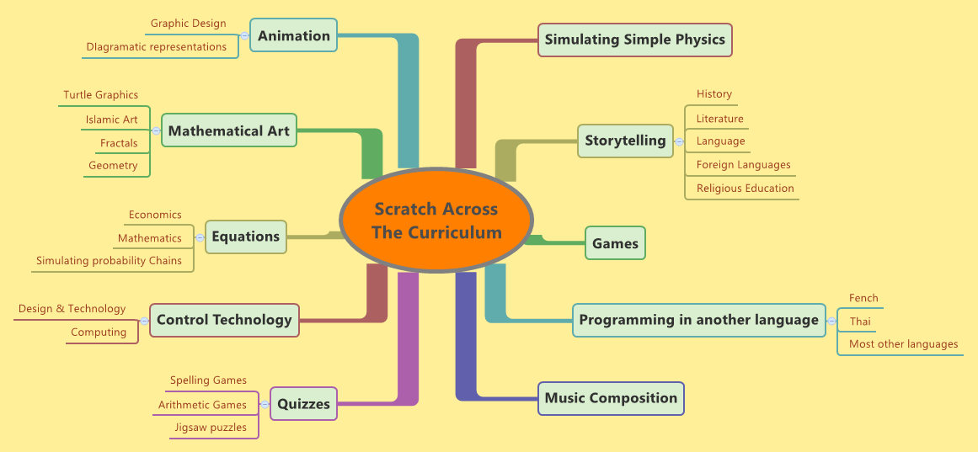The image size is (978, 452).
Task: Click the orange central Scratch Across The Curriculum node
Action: point(436,221)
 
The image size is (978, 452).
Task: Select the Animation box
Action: point(294,35)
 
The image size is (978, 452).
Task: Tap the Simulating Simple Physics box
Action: point(635,40)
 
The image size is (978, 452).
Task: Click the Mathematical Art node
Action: point(229,130)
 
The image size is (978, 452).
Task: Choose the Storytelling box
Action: point(625,141)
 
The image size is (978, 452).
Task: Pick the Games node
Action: point(615,243)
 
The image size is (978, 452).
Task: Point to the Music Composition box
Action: point(611,398)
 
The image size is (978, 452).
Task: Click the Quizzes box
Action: point(303,403)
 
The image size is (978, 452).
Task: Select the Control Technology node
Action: point(224,320)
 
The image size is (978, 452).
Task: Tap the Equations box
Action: point(245,237)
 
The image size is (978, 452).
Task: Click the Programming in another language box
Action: point(698,320)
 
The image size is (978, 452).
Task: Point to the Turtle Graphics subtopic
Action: point(100,95)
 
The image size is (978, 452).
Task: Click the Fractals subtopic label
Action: point(119,143)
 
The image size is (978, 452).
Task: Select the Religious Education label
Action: point(745,189)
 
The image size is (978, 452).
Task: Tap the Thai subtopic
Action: point(860,322)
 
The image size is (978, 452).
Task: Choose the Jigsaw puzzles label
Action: point(211,428)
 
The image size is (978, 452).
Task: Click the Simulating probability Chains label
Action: point(109,261)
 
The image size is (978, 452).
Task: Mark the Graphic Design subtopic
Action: point(188,24)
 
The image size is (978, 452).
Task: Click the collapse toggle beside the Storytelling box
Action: point(679,141)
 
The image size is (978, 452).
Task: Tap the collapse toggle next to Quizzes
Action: point(264,405)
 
